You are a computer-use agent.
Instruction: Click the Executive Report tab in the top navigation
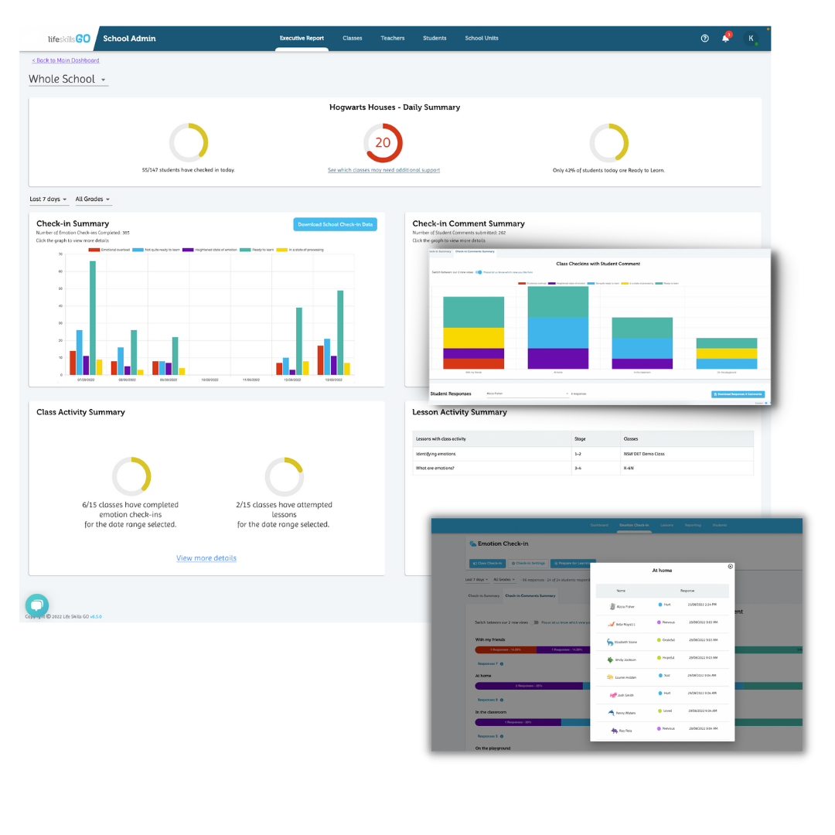(302, 38)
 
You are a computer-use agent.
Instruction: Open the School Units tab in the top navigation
(481, 38)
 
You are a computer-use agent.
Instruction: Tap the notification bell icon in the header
(725, 39)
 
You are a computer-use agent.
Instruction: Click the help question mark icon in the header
(704, 39)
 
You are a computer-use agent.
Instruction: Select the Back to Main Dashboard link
(66, 60)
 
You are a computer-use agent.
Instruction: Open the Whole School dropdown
(68, 80)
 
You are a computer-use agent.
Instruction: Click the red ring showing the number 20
(383, 143)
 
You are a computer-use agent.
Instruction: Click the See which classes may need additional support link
(383, 170)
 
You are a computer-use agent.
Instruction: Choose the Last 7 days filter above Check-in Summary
(48, 199)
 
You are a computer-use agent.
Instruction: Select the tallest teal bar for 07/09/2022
(93, 317)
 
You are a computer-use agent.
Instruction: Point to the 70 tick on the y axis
(60, 254)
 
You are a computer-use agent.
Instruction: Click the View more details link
(206, 558)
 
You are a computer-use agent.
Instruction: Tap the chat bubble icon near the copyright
(36, 605)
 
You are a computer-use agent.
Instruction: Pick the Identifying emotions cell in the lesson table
(438, 454)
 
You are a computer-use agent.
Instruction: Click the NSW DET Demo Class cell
(643, 454)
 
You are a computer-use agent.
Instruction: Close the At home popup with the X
(731, 567)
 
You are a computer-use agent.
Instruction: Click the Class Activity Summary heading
(80, 412)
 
